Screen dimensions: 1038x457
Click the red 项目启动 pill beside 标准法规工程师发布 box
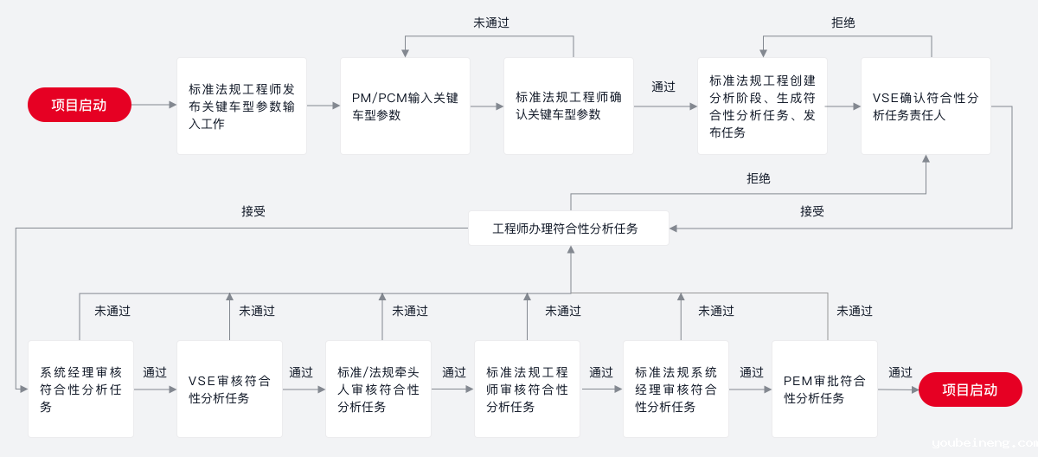click(80, 105)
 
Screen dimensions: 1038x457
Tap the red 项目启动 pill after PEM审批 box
click(970, 389)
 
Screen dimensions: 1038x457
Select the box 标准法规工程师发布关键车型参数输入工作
click(241, 106)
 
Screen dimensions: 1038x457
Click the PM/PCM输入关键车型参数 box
click(405, 106)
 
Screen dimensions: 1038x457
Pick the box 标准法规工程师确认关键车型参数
click(568, 106)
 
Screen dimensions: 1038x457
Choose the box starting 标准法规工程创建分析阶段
click(762, 106)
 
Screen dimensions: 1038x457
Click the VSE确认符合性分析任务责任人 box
click(926, 106)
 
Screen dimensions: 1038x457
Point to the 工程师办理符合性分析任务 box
click(568, 228)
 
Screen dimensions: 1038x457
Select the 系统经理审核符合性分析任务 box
click(80, 389)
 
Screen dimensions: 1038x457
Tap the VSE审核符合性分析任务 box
click(229, 389)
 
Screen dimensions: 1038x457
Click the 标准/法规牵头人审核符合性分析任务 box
click(378, 389)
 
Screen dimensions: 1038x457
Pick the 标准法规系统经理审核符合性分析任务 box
click(676, 389)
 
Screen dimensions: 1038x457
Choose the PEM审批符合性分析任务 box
click(824, 389)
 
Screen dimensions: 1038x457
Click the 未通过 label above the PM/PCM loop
click(491, 23)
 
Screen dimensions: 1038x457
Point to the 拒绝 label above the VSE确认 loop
click(843, 23)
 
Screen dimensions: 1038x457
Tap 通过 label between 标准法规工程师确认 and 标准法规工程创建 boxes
click(663, 87)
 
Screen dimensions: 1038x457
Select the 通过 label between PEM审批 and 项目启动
click(900, 372)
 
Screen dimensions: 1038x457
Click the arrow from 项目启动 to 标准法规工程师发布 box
click(154, 105)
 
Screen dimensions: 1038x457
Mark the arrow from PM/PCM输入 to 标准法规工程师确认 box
click(487, 106)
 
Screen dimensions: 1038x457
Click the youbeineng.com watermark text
click(984, 443)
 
